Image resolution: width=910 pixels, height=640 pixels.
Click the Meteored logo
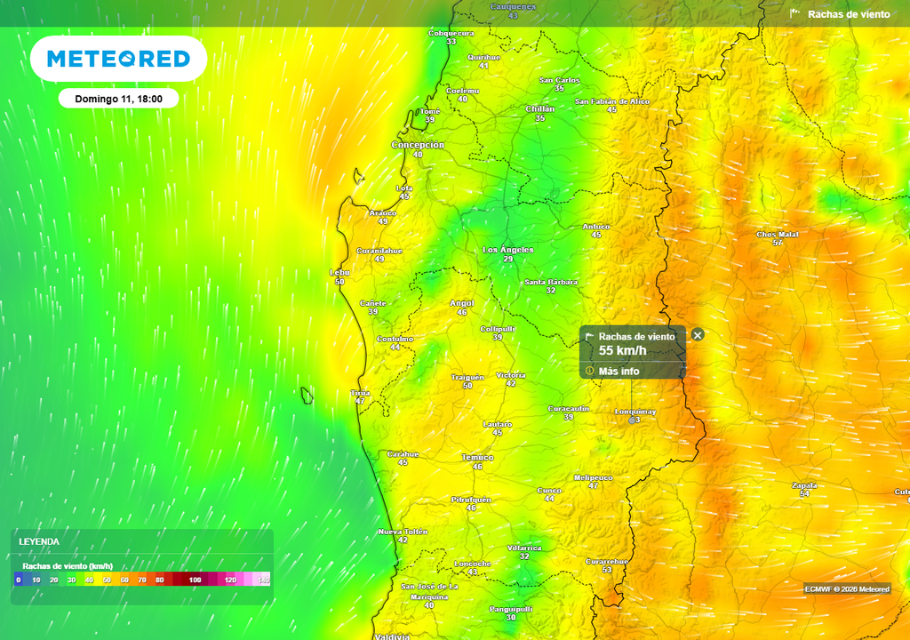118,59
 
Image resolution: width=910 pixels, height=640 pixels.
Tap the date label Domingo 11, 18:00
118,99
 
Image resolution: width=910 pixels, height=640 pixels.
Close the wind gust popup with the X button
698,335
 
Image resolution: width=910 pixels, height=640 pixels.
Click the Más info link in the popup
619,371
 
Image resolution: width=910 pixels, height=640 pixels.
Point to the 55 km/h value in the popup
622,351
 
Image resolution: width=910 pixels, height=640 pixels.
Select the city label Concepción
418,145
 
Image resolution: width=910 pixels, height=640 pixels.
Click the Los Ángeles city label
507,250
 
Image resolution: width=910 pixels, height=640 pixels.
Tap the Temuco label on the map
477,457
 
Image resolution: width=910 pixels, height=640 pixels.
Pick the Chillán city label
539,109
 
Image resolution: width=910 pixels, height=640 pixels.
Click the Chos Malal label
778,235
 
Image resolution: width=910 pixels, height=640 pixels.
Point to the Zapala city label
804,485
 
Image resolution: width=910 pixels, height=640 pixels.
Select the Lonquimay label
635,412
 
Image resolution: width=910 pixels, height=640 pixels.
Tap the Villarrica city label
523,548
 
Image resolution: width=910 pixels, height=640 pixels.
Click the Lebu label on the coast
339,273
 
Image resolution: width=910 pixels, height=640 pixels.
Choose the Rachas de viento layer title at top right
848,14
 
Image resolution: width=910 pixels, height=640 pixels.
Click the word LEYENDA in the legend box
40,541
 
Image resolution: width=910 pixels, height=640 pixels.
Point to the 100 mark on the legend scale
195,580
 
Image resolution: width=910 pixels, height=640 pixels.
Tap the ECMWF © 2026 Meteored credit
847,589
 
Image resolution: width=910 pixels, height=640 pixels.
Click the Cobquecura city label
451,33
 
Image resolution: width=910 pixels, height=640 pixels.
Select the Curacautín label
568,408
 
